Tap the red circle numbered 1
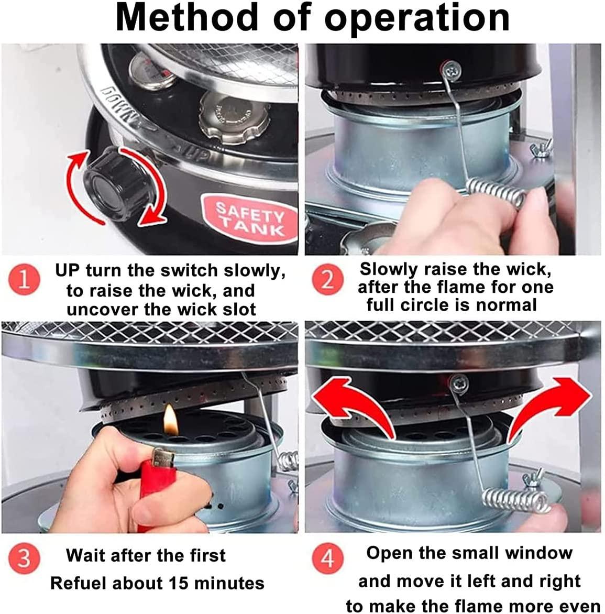coord(24,280)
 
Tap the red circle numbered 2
coord(327,280)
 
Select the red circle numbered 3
coord(24,557)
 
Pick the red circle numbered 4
coord(327,557)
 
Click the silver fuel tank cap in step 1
coord(234,117)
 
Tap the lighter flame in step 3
coord(171,420)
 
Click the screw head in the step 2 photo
coord(454,71)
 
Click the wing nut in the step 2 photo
coord(541,149)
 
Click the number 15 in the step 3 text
coord(180,583)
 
